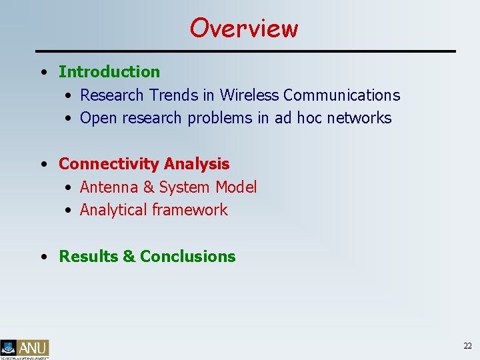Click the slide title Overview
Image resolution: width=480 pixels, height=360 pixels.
tap(244, 28)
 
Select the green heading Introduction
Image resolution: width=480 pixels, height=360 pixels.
tap(109, 71)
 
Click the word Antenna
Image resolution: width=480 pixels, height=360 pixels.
tap(109, 187)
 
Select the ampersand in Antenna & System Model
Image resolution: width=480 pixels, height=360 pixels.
tap(148, 187)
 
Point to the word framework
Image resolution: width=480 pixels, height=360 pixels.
tap(190, 210)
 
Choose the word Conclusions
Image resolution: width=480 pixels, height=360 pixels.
tap(188, 257)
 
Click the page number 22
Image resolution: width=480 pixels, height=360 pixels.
tap(467, 345)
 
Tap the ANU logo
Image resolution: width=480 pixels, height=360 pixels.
tap(25, 349)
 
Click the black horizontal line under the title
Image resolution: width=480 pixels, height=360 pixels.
tap(245, 51)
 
